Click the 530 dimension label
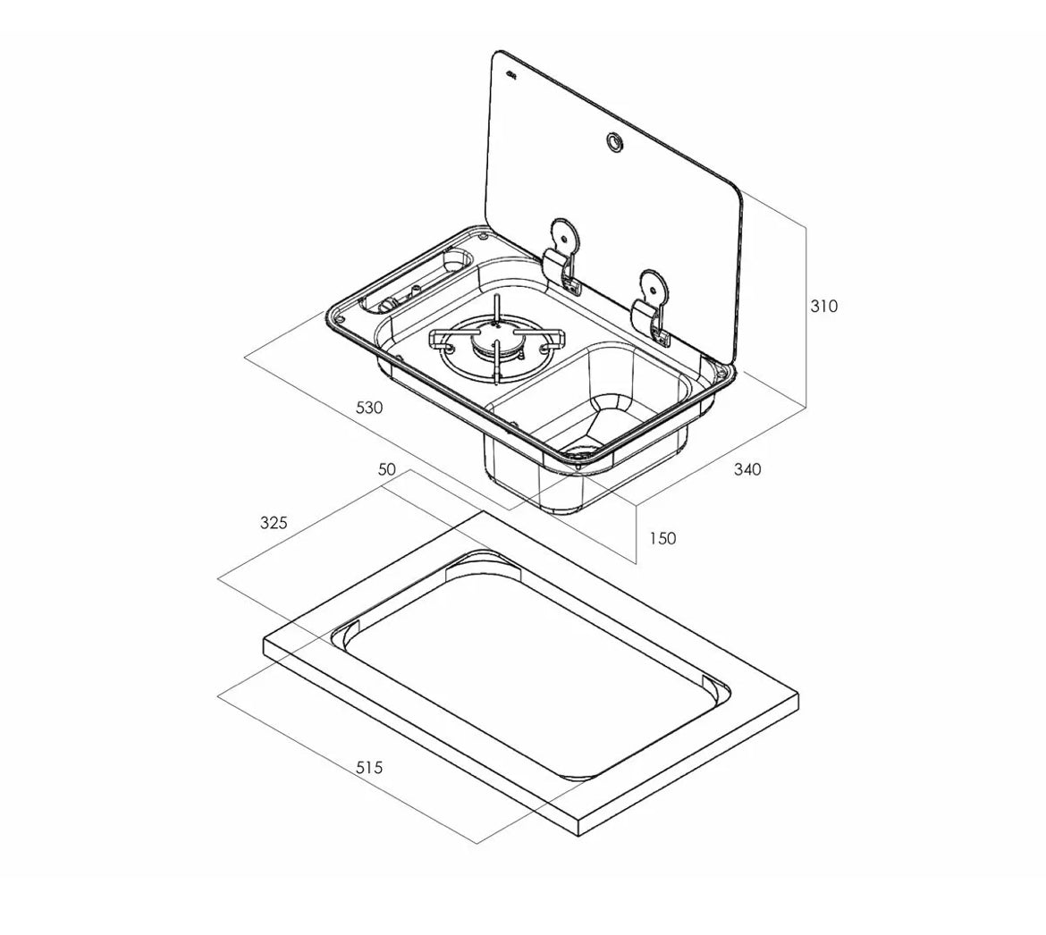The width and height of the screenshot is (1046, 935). (x=369, y=408)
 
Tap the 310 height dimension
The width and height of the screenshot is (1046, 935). (x=823, y=306)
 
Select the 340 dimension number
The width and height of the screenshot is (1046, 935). (x=747, y=469)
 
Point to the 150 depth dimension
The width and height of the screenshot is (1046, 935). (x=662, y=538)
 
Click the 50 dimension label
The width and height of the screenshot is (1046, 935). (x=387, y=469)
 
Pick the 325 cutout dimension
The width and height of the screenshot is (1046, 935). (x=274, y=523)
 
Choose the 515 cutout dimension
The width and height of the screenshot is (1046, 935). (x=369, y=768)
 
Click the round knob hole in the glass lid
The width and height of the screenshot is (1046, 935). (x=613, y=140)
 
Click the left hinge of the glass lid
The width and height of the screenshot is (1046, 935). (x=561, y=256)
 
